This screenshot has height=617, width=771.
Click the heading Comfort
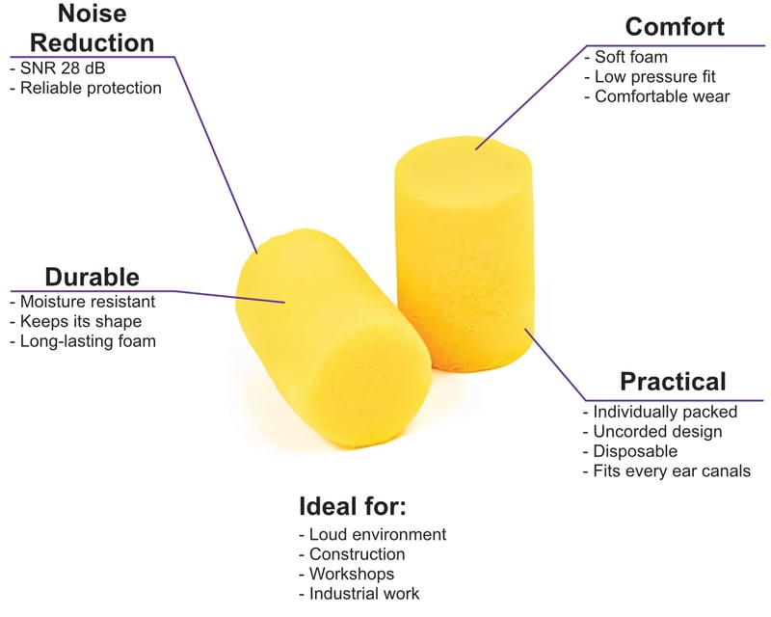(675, 26)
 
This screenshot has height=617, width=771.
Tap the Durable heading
(92, 277)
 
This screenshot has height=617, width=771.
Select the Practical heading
(673, 382)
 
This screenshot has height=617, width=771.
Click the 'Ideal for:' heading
(353, 506)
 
